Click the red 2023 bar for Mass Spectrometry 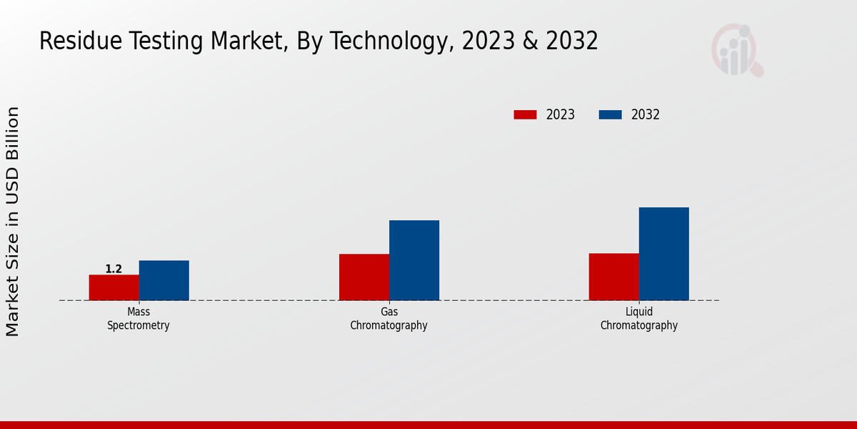point(114,287)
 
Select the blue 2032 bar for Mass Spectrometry point(164,280)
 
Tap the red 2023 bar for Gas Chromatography point(364,277)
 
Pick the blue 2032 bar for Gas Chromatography point(414,260)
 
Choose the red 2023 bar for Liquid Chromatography point(613,277)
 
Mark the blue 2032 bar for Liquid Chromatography point(663,254)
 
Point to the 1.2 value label point(114,269)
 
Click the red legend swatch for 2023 point(525,114)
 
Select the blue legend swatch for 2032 point(610,114)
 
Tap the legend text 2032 point(645,114)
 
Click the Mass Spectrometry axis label point(139,319)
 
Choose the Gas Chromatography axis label point(389,319)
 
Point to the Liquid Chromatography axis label point(638,319)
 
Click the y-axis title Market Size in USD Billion point(13,222)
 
